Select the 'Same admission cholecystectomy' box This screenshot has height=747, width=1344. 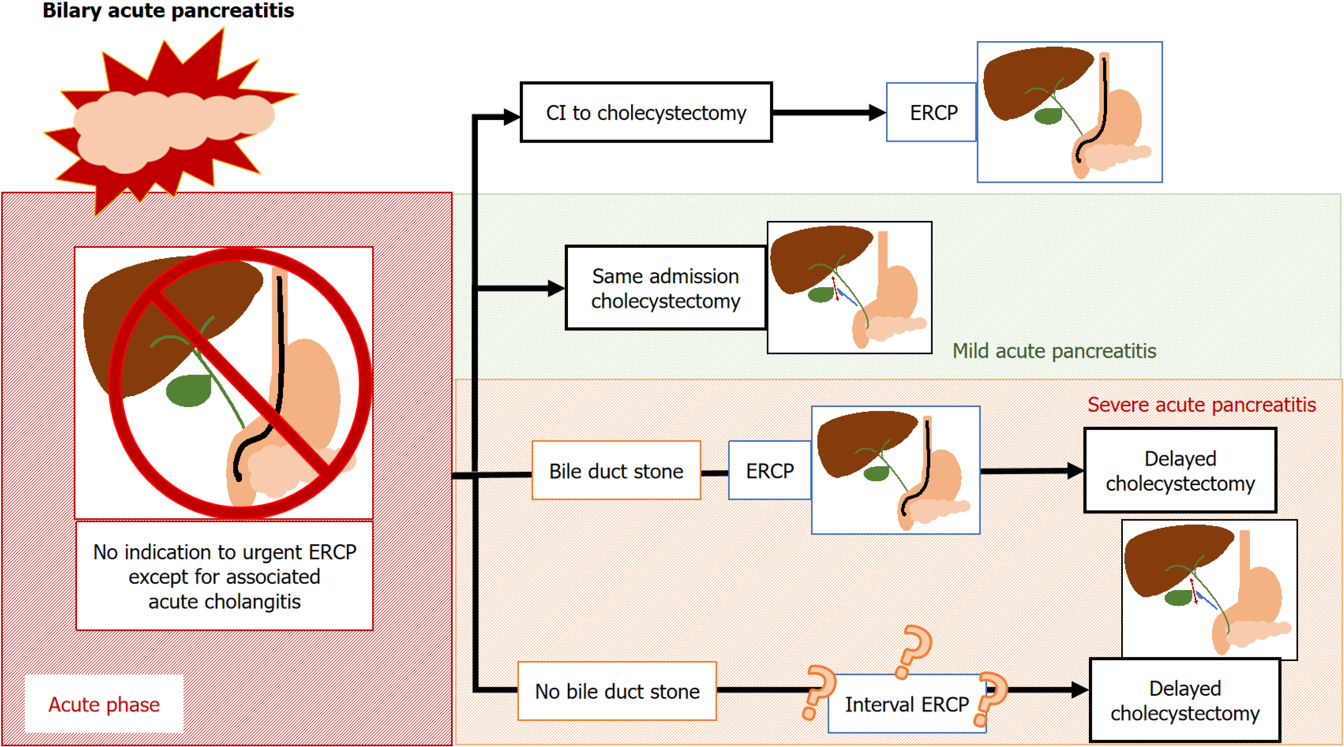(666, 288)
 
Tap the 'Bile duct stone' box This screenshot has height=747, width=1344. (616, 471)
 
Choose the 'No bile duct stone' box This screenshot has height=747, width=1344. (617, 691)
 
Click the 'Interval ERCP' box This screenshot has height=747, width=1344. (906, 704)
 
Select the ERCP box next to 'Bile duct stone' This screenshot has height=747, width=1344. (770, 471)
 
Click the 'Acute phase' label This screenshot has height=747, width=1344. (104, 704)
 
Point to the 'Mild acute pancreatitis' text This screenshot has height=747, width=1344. (1054, 351)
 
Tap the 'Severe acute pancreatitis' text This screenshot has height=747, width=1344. (1201, 405)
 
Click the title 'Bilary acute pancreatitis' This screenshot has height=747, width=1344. (168, 11)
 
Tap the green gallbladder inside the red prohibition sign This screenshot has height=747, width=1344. (189, 390)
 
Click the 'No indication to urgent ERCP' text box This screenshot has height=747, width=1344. (224, 576)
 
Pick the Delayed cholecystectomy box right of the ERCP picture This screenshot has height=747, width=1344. (1180, 471)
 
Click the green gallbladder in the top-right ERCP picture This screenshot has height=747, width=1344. (1048, 116)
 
